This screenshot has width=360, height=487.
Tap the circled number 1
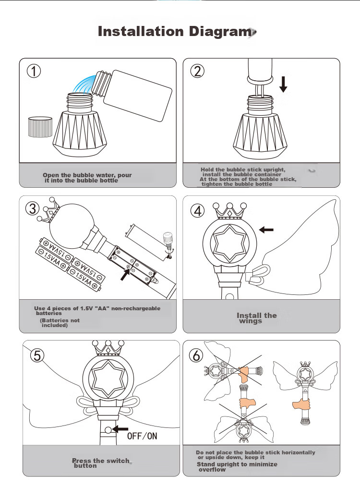pyautogui.click(x=34, y=71)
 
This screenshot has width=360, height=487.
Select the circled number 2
pyautogui.click(x=197, y=71)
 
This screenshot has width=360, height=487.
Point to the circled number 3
pyautogui.click(x=33, y=208)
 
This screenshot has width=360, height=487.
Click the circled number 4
pyautogui.click(x=197, y=211)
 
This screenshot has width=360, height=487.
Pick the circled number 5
pyautogui.click(x=37, y=355)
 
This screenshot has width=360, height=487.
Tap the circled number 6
pyautogui.click(x=196, y=355)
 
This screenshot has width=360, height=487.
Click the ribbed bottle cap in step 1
pyautogui.click(x=40, y=127)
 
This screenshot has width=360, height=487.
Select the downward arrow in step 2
pyautogui.click(x=283, y=85)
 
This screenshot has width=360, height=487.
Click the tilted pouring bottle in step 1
pyautogui.click(x=132, y=94)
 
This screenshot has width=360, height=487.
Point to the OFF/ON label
pyautogui.click(x=142, y=436)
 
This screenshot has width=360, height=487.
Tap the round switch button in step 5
pyautogui.click(x=108, y=430)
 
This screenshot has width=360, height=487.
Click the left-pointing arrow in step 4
pyautogui.click(x=266, y=230)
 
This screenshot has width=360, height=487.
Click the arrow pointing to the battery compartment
pyautogui.click(x=125, y=274)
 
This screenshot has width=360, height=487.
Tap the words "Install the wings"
pyautogui.click(x=256, y=318)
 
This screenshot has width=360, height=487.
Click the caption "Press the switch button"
pyautogui.click(x=100, y=463)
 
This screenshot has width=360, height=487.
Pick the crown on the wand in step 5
pyautogui.click(x=108, y=348)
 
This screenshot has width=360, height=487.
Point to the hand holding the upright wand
pyautogui.click(x=301, y=405)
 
